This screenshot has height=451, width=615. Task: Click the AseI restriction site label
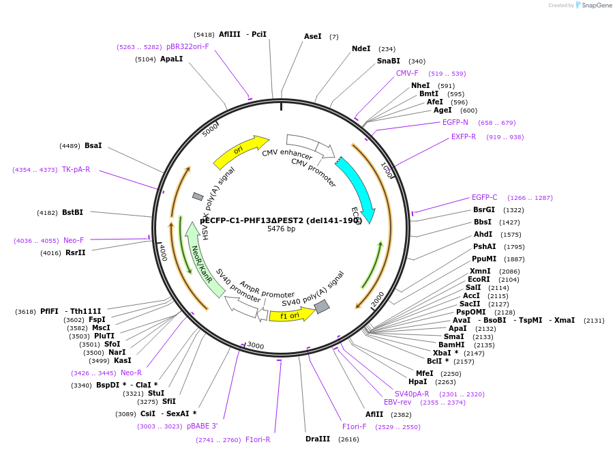tap(312, 36)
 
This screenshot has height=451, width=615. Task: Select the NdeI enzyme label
tap(361, 48)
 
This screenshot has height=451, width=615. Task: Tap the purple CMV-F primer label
tap(407, 73)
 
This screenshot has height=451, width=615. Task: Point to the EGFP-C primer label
tap(484, 197)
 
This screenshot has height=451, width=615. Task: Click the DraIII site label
tap(318, 439)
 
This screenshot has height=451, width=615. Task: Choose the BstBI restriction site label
tap(72, 212)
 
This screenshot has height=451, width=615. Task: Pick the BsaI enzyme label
tap(93, 145)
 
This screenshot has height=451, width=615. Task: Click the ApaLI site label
tap(171, 59)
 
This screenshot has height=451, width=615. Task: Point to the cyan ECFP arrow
tap(357, 187)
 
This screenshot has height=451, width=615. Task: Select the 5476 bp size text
tap(281, 229)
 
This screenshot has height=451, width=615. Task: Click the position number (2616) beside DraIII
tap(348, 439)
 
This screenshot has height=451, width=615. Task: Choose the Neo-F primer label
tap(74, 240)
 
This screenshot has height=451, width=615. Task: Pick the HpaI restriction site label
tap(417, 381)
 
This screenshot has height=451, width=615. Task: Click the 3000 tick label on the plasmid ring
tap(255, 346)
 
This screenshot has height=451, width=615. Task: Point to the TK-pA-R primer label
tap(76, 169)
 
